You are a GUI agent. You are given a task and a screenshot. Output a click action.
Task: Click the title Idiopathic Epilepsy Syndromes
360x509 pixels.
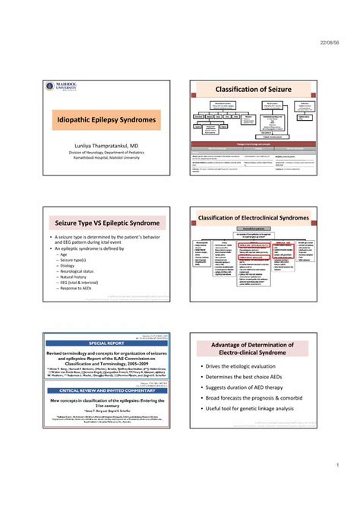tap(106, 120)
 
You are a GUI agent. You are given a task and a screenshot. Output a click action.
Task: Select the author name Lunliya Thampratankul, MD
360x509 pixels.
tap(106, 144)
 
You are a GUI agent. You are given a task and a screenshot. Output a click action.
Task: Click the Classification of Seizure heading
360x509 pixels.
tap(254, 90)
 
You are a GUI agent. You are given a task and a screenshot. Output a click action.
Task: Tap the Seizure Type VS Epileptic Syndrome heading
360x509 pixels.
tap(106, 223)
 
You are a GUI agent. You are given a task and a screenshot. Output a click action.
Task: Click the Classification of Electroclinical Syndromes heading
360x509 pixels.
tap(254, 218)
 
